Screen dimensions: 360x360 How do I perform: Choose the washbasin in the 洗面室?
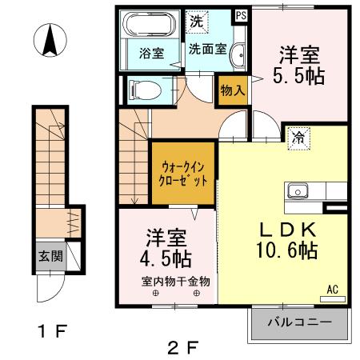238,54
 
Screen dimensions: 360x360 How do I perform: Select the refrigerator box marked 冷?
297,137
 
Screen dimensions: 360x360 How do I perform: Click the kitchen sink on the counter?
298,191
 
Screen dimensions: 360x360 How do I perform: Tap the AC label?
332,288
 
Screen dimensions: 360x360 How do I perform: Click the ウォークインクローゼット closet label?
183,174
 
